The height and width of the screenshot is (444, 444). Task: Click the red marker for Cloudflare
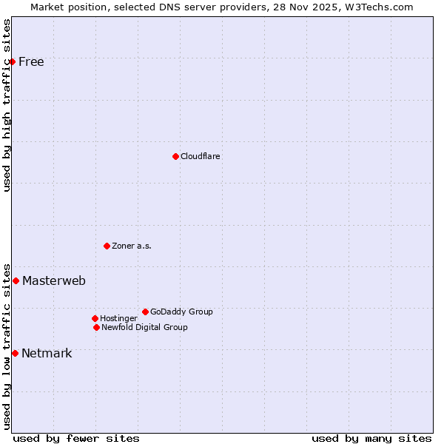175,156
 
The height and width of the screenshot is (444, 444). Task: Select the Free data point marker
13,61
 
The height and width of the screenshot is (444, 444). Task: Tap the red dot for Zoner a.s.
107,246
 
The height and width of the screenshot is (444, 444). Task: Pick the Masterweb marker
16,280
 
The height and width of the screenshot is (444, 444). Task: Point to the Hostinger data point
95,318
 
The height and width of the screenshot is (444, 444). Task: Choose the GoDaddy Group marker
145,312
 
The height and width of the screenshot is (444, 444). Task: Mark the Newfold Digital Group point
96,327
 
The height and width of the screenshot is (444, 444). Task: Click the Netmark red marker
15,353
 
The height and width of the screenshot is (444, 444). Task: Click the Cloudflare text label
201,156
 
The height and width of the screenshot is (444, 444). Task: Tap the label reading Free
31,61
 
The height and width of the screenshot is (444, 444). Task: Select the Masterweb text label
54,280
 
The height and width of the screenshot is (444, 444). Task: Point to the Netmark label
47,353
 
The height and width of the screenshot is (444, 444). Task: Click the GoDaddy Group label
181,312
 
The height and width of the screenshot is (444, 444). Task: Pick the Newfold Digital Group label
144,327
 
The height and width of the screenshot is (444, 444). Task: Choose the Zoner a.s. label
132,246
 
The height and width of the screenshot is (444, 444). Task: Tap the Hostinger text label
119,318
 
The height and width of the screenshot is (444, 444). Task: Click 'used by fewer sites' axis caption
76,438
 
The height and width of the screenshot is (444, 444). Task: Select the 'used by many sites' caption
371,438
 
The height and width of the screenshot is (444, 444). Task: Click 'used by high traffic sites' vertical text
7,105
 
